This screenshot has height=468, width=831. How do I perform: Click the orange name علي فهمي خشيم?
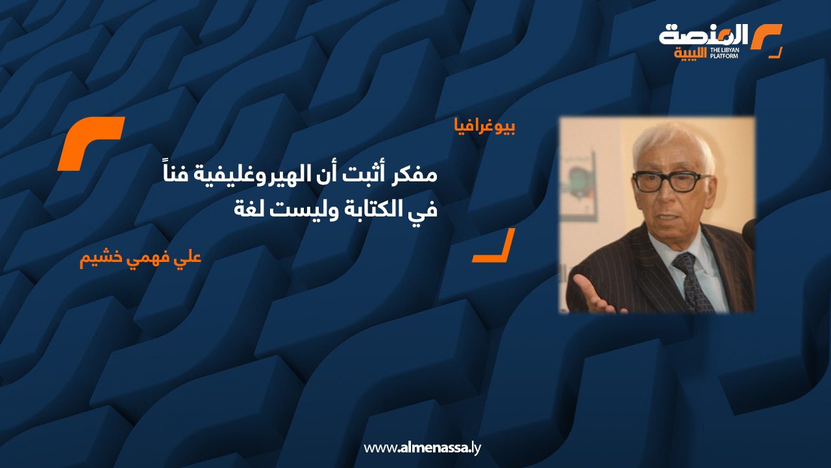(141, 257)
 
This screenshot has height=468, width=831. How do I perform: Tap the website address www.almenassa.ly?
(422, 448)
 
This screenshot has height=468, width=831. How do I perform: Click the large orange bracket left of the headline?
(90, 143)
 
